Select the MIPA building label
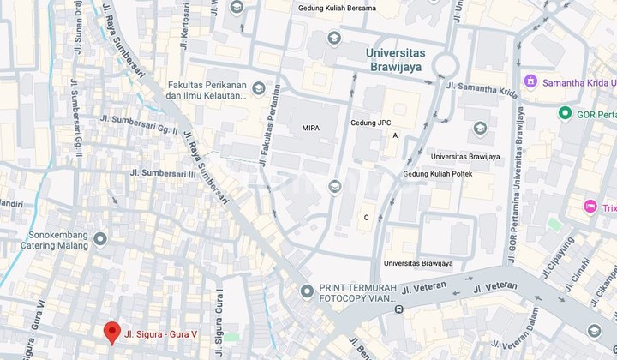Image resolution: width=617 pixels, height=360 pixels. (x=311, y=128)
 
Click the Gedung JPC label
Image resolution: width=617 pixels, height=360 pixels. (x=370, y=123)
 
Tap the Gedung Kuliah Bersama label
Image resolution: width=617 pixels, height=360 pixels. (x=337, y=8)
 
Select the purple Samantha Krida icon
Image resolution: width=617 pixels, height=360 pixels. (x=531, y=81)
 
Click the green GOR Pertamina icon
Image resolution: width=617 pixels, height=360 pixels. (x=565, y=113)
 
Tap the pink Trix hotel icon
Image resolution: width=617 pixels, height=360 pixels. (x=590, y=207)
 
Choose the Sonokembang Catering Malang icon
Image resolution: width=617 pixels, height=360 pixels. (x=101, y=239)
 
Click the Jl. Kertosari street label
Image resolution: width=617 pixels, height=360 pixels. (x=184, y=23)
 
